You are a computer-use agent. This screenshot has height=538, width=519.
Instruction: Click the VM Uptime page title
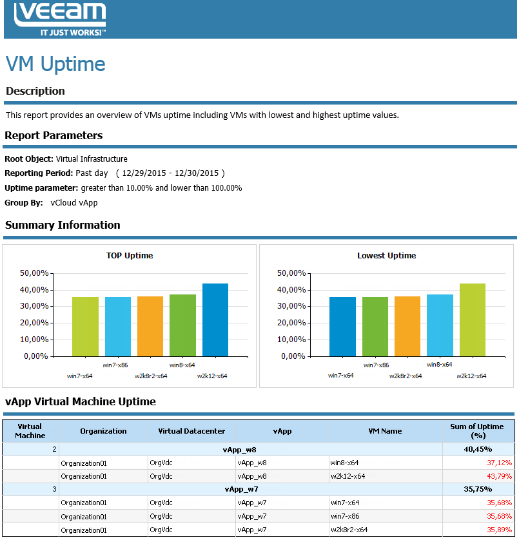[55, 64]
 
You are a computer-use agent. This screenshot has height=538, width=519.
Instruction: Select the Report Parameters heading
[54, 135]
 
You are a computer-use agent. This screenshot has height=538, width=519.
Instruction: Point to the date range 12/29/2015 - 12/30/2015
[170, 173]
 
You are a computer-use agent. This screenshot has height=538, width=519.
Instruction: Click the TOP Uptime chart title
[130, 256]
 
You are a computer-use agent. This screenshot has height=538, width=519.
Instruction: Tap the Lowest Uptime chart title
[386, 256]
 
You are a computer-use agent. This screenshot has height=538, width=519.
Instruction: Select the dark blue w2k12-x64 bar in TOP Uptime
[215, 320]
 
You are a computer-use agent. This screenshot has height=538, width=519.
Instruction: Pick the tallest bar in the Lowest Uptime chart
[472, 320]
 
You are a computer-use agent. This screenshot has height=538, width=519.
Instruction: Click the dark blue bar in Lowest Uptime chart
[342, 326]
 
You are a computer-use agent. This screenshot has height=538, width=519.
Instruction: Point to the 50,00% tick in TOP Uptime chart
[35, 273]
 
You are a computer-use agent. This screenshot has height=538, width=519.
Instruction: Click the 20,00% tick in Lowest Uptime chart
[291, 323]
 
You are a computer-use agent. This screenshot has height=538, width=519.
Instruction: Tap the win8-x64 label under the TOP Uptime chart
[182, 365]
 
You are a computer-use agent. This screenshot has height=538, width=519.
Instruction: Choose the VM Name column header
[385, 431]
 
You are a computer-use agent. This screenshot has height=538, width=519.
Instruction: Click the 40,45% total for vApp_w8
[478, 449]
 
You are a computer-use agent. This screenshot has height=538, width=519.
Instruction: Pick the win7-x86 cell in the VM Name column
[345, 516]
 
